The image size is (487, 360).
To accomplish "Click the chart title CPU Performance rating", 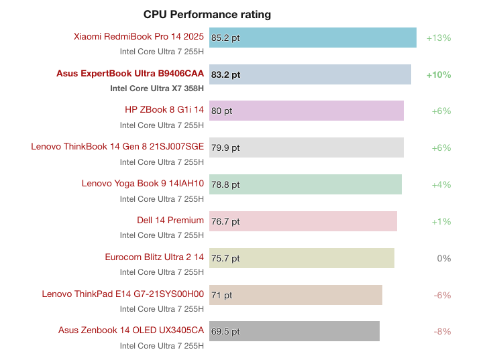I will coord(207,14).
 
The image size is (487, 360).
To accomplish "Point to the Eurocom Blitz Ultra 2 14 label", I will coord(154,257).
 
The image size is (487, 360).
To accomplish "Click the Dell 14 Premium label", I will coord(170,221).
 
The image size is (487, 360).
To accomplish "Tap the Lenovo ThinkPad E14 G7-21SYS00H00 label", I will coord(123,294).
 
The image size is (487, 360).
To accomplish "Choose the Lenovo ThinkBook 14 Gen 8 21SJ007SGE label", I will coord(117,147).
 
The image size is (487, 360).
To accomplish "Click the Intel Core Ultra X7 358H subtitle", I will coord(157,88).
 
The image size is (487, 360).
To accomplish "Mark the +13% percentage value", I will coord(439,38).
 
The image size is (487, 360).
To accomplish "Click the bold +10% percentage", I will coord(439,75).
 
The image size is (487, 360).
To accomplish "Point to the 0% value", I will coord(443,258).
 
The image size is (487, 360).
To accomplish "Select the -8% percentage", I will coord(441,331).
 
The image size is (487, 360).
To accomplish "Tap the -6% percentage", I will coord(441,295).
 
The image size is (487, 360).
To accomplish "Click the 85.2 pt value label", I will coord(225,38).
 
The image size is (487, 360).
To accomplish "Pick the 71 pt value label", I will coord(222,295).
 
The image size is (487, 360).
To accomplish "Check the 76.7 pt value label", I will coord(225,221).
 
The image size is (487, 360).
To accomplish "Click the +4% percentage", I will coord(441,184).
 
